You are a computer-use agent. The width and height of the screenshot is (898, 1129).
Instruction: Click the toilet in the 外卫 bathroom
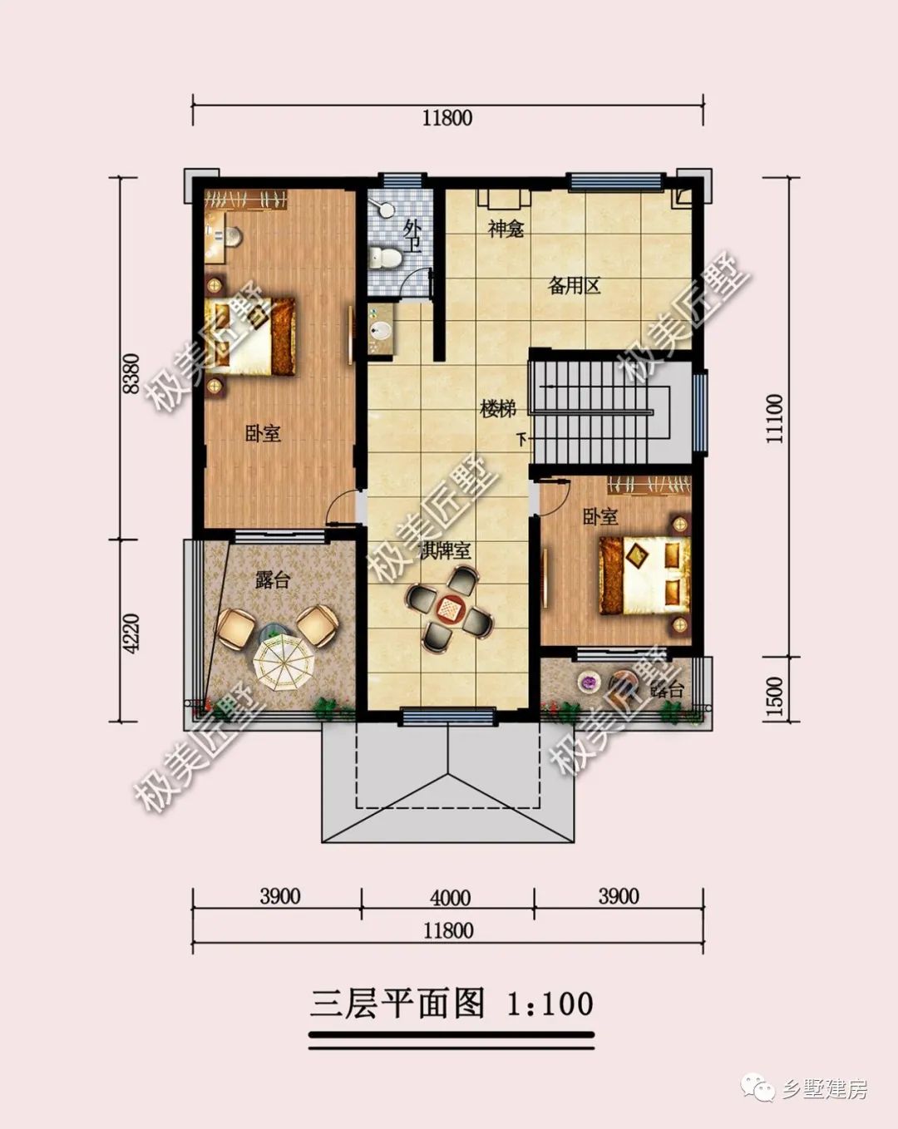(385, 257)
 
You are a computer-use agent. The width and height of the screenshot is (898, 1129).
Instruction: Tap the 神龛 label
(506, 229)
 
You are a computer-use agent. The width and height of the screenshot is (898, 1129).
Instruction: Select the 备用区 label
(575, 287)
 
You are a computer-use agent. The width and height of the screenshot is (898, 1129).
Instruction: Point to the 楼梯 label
(498, 409)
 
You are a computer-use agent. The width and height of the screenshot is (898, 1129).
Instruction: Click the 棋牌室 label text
(446, 550)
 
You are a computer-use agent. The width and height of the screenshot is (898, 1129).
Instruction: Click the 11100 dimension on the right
(774, 418)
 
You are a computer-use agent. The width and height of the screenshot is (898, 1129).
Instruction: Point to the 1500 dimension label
(774, 697)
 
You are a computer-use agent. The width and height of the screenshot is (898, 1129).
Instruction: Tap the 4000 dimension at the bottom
(450, 898)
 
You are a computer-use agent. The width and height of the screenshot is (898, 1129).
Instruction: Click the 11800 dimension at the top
(447, 117)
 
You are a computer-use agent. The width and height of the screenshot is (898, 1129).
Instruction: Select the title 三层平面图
(398, 1003)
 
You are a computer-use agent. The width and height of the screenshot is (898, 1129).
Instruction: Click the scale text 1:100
(550, 1003)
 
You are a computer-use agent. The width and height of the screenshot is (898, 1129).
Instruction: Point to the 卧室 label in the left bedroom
(263, 433)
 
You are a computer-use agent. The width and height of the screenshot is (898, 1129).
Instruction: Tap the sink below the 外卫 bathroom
(381, 330)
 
